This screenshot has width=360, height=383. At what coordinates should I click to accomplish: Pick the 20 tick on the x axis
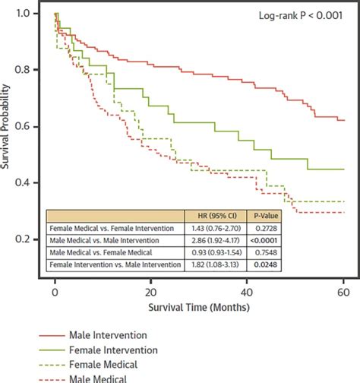coord(151,291)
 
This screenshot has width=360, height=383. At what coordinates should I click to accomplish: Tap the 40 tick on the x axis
coord(248,291)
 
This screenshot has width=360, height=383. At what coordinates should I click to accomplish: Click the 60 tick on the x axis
coord(343,291)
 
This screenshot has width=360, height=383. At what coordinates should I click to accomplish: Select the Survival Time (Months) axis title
coord(199,310)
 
